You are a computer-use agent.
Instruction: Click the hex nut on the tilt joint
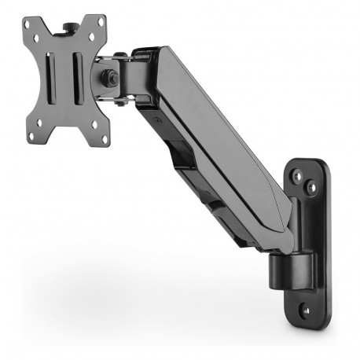coord(108,79)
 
